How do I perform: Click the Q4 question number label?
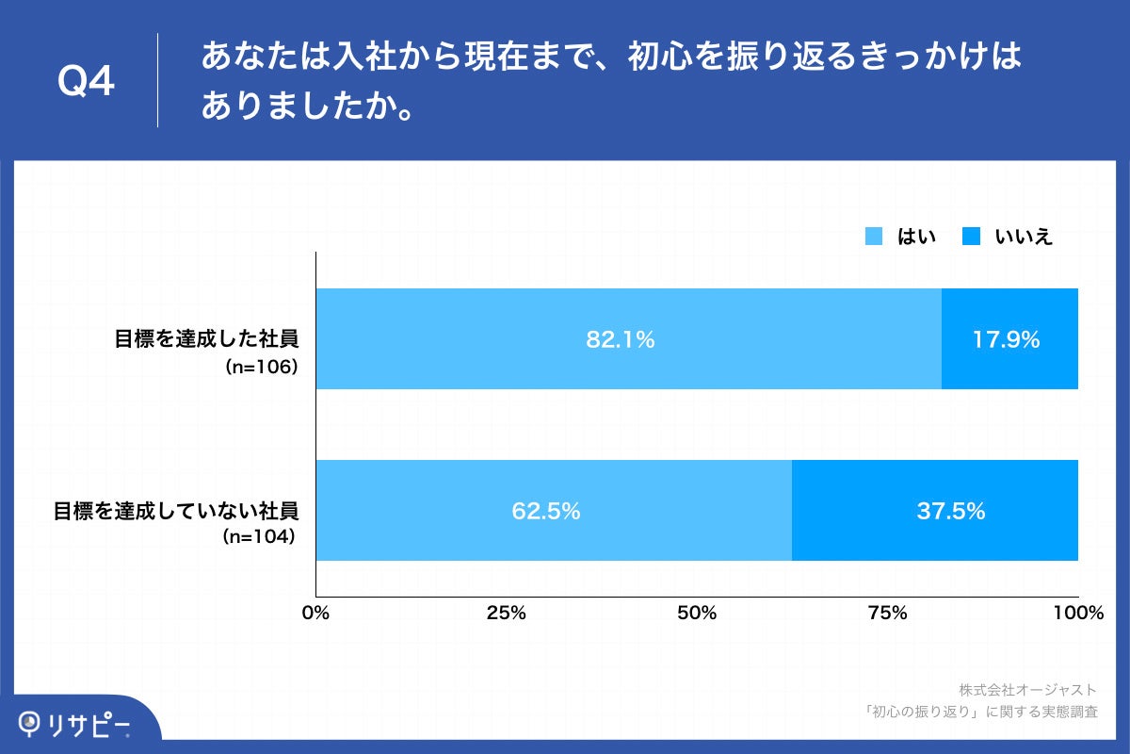click(x=86, y=82)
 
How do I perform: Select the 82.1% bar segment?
click(x=628, y=339)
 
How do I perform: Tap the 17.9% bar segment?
click(x=1009, y=339)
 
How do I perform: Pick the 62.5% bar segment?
click(x=554, y=511)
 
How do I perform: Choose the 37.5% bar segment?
click(x=934, y=511)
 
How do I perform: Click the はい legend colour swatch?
click(x=874, y=237)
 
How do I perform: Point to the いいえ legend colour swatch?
click(x=973, y=237)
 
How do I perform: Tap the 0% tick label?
click(x=315, y=614)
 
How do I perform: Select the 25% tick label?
click(x=506, y=614)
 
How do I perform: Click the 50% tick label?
click(x=697, y=614)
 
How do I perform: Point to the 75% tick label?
click(x=887, y=614)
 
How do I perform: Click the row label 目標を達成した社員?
click(x=206, y=340)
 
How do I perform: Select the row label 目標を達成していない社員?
click(x=175, y=512)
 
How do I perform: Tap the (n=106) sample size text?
click(x=261, y=368)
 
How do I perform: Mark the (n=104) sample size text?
click(x=260, y=538)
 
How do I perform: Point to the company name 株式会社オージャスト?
click(x=1027, y=690)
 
